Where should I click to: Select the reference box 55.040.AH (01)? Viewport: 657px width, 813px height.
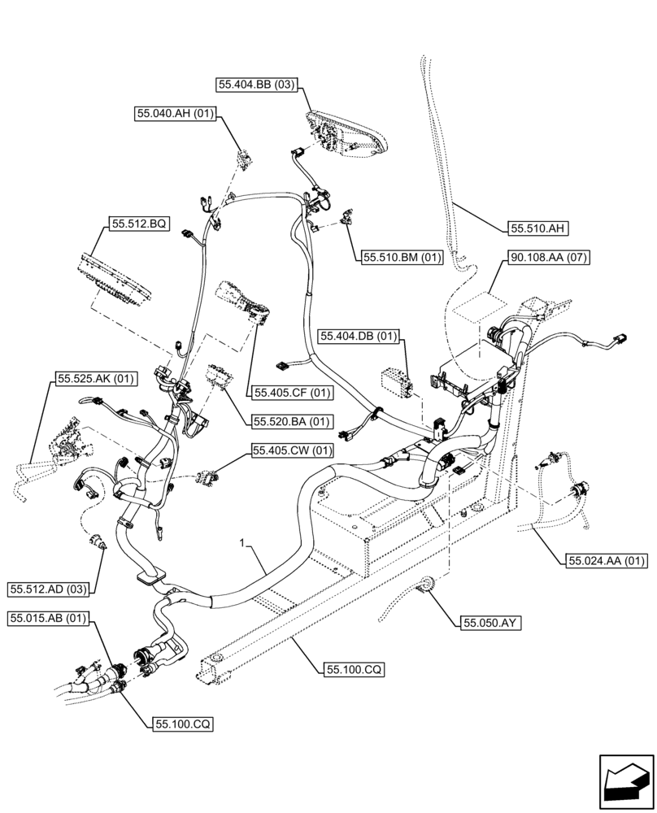point(175,115)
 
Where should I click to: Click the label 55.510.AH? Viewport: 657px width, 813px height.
point(538,229)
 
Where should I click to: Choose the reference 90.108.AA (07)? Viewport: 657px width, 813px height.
point(550,258)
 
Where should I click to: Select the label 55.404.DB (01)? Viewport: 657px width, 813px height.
point(359,336)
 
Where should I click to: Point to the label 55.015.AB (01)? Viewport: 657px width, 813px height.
point(50,620)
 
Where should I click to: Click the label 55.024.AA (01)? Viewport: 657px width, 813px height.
point(606,559)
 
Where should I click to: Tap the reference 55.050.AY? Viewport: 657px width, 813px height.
point(491,624)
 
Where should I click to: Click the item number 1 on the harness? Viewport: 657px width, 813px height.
point(241,541)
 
